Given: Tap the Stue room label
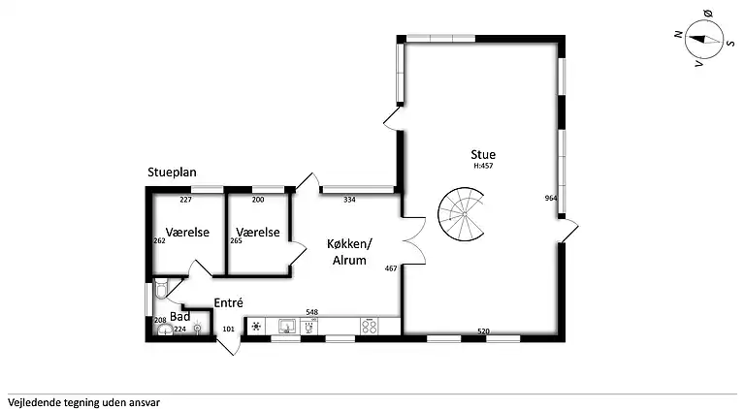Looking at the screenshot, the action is [x=483, y=155].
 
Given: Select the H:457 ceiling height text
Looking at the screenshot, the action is [x=483, y=166].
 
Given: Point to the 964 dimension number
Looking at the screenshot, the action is [x=551, y=199].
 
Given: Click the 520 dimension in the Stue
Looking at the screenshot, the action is [x=483, y=331].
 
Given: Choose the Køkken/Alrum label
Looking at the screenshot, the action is [x=349, y=252].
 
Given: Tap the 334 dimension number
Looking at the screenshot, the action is [x=349, y=200].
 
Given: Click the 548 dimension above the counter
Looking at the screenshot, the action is [x=311, y=312].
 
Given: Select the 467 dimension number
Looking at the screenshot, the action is [x=391, y=268].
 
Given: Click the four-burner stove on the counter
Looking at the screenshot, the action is [x=370, y=326].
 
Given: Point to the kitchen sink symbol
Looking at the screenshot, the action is [x=287, y=326].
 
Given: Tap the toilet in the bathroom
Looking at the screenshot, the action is [x=161, y=289].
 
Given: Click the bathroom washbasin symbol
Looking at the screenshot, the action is [x=164, y=330].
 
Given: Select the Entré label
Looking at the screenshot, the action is [x=229, y=302].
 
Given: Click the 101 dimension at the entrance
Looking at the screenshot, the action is [x=229, y=329].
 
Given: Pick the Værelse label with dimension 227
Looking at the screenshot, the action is [x=187, y=232].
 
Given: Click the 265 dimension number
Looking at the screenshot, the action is [x=236, y=240].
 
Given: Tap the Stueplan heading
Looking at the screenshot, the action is [x=172, y=173].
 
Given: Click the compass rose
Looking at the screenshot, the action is [x=703, y=40].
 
